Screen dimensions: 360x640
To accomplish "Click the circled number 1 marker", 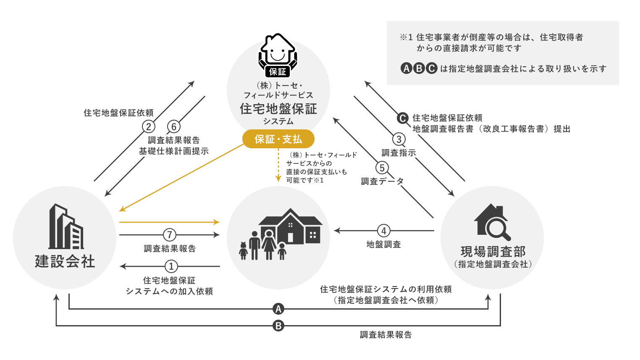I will pyautogui.click(x=171, y=266).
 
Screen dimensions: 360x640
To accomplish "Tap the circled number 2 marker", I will pyautogui.click(x=148, y=126).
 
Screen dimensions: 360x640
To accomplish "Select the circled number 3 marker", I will pyautogui.click(x=399, y=139).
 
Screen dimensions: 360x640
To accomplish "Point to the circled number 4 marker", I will pyautogui.click(x=383, y=231).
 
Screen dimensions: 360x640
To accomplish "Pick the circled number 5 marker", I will pyautogui.click(x=382, y=168).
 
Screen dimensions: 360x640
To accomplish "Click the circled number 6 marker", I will pyautogui.click(x=174, y=126).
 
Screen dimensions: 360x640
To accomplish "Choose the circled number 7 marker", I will pyautogui.click(x=169, y=234).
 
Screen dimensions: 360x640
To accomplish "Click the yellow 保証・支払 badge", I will pyautogui.click(x=278, y=139).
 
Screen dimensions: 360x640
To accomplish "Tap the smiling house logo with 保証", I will pyautogui.click(x=278, y=55).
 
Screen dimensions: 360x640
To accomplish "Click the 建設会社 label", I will pyautogui.click(x=65, y=261).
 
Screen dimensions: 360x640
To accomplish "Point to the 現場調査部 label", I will pyautogui.click(x=493, y=252).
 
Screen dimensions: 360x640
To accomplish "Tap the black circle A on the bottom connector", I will pyautogui.click(x=278, y=309).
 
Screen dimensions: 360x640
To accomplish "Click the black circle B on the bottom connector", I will pyautogui.click(x=278, y=326).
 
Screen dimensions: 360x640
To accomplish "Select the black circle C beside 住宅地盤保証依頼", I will pyautogui.click(x=403, y=118).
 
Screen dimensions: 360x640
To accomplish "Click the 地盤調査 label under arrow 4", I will pyautogui.click(x=383, y=244).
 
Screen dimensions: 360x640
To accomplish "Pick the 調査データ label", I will pyautogui.click(x=382, y=181).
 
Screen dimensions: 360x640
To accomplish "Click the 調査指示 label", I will pyautogui.click(x=399, y=153).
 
